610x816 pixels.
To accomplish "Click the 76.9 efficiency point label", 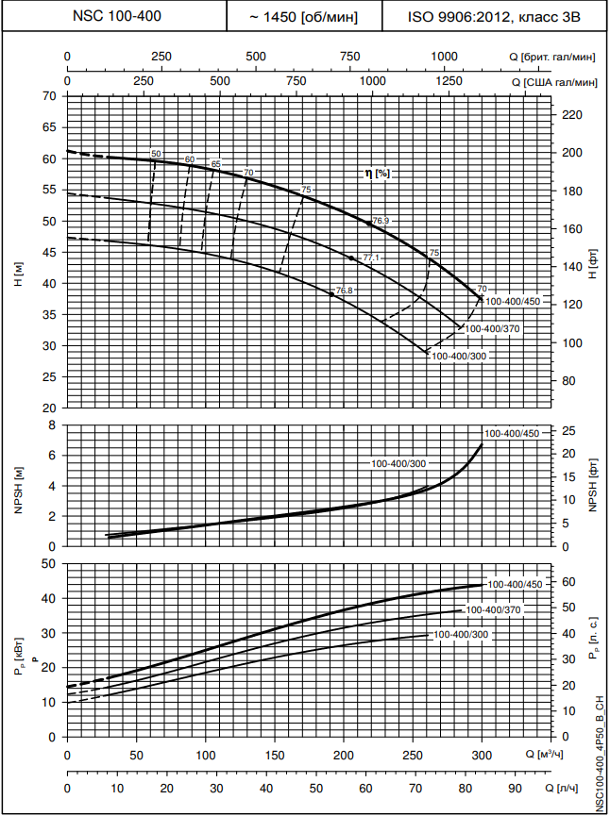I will (x=381, y=221).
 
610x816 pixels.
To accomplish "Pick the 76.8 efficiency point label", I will (x=344, y=291).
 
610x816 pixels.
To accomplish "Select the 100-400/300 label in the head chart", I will (x=458, y=357).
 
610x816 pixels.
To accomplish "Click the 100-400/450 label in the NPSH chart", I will (x=511, y=433).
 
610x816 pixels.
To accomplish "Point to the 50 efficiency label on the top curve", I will (x=157, y=153).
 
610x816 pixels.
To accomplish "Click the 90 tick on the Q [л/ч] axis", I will (x=515, y=788).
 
